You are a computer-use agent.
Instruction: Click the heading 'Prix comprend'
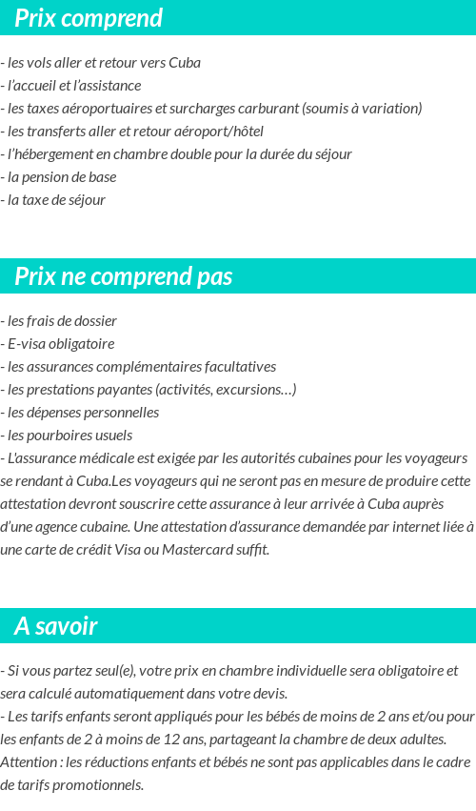[x=89, y=18]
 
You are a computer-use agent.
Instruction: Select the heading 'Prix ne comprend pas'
[x=124, y=276]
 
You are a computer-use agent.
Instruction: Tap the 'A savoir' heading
[x=56, y=626]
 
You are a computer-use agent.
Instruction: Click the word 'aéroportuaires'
[x=104, y=109]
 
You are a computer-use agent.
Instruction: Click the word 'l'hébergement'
[x=46, y=154]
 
